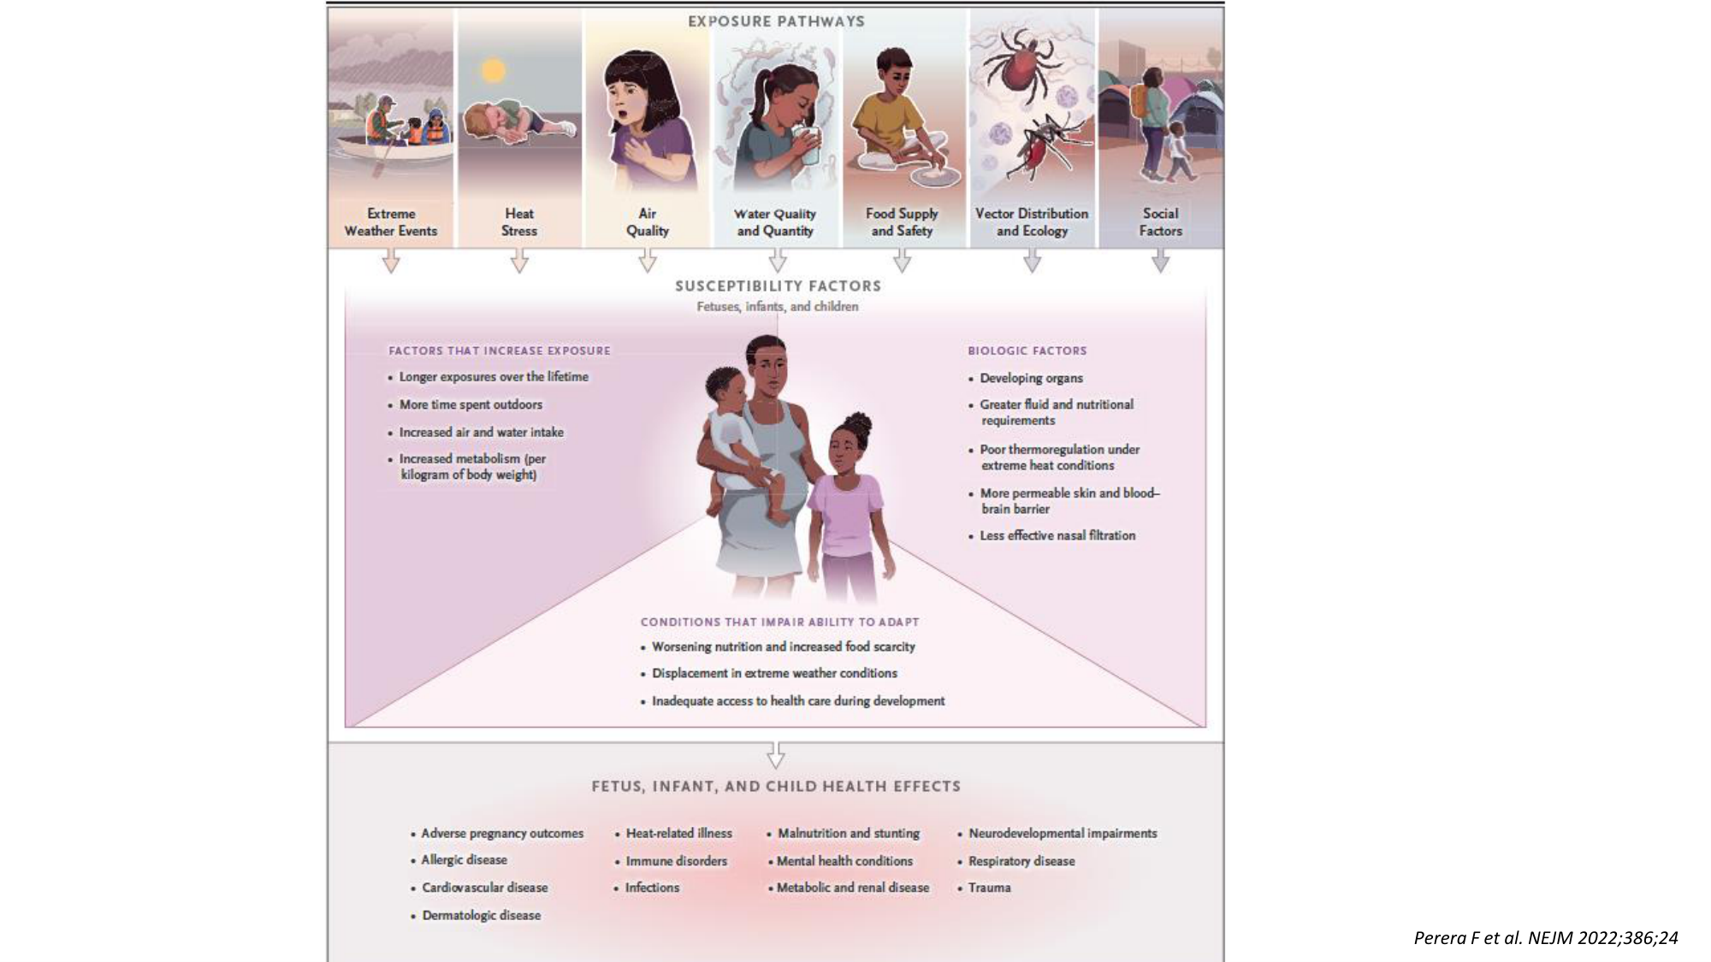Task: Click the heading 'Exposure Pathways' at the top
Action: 776,21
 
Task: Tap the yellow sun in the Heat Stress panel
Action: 494,69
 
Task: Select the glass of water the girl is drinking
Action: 808,145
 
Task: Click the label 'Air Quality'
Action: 648,222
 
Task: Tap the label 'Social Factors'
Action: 1160,222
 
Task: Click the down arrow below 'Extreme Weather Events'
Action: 391,261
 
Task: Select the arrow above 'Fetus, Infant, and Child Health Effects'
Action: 776,754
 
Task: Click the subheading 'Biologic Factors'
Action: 1027,351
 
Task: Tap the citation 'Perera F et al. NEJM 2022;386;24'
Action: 1546,937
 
